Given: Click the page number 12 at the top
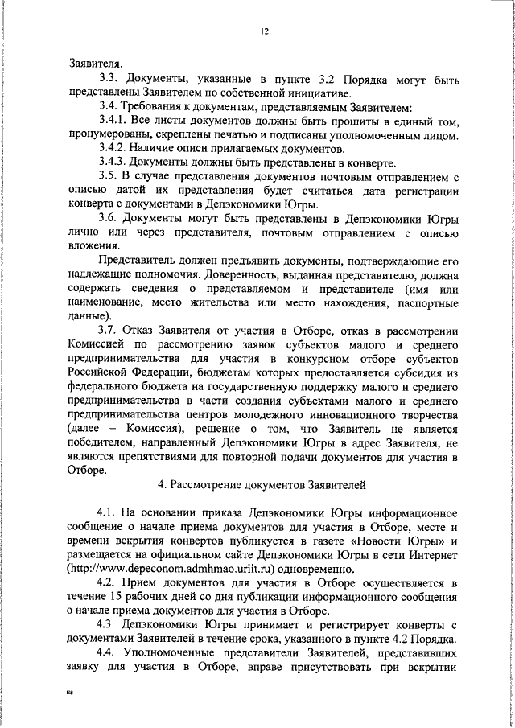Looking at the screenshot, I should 264,31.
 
